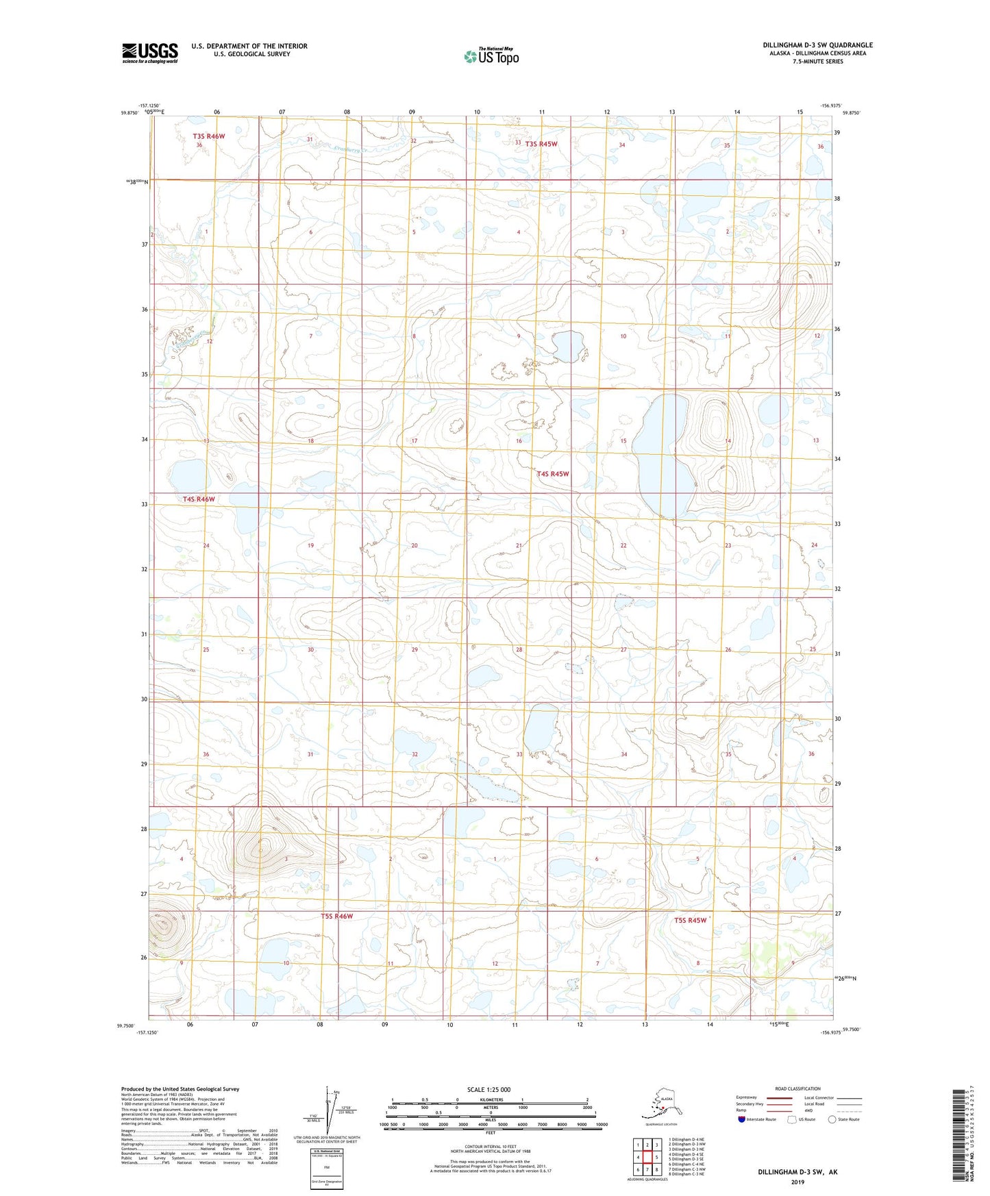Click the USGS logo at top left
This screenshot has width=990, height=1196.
pos(150,53)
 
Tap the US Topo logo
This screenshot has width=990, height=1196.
pos(491,56)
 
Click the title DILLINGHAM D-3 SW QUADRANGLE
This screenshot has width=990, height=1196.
pos(817,45)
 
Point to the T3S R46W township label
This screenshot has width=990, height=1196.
pos(209,136)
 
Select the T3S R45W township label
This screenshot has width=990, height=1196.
pos(541,144)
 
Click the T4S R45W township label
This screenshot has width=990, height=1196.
pos(553,474)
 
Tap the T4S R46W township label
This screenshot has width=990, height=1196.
pos(199,499)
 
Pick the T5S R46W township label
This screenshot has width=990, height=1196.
pos(337,916)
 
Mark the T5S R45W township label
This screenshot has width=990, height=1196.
pos(690,920)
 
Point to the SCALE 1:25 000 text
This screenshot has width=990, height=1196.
pos(488,1089)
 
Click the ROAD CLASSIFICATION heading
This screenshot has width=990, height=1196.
pos(797,1088)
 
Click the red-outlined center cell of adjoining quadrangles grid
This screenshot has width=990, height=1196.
pos(647,1157)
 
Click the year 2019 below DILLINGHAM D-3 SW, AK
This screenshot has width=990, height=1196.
pos(797,1182)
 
